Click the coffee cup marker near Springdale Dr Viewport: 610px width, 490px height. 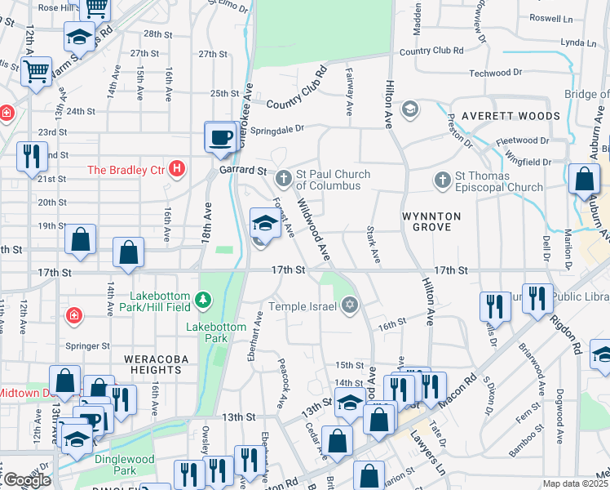[x=219, y=136]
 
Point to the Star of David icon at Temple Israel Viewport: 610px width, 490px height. [x=350, y=305]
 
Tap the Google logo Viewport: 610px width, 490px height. [x=27, y=480]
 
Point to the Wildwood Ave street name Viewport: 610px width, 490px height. [x=313, y=229]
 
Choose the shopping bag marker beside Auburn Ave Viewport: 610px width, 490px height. [x=584, y=180]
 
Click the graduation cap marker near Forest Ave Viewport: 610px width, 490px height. [x=265, y=223]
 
